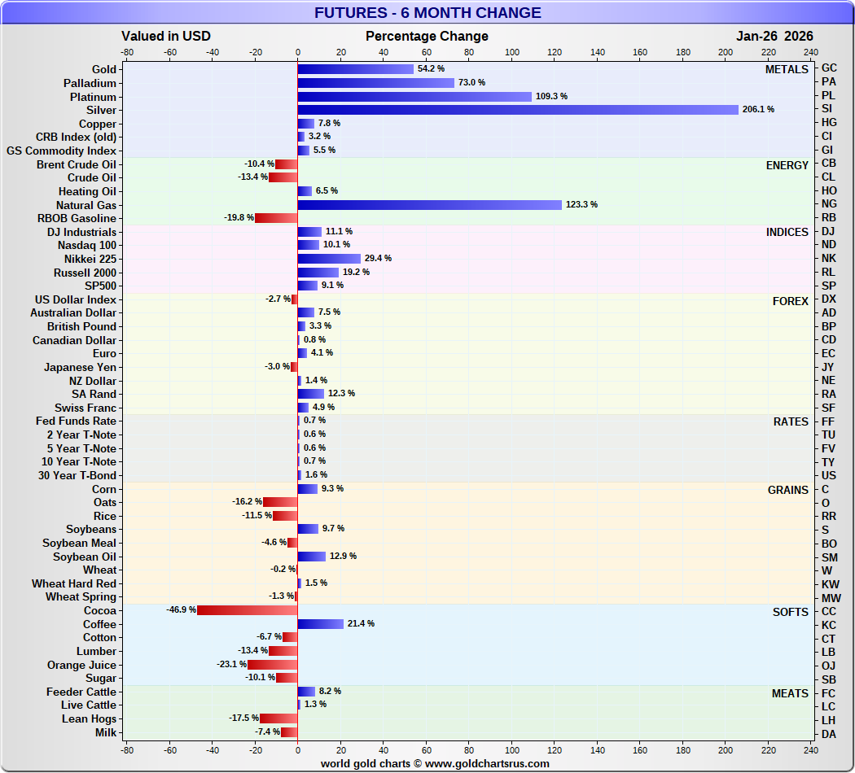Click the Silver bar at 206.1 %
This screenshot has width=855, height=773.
coord(518,110)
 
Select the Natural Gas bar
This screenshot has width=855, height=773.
coord(430,205)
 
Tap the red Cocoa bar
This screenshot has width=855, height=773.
coord(248,610)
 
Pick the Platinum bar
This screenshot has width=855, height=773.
coord(414,96)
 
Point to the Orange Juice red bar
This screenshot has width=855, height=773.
coord(273,665)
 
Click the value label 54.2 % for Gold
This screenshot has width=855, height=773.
coord(431,69)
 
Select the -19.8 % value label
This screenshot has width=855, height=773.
coord(238,218)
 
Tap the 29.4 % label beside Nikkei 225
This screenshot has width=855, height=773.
coord(378,258)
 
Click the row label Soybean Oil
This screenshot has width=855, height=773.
coord(85,557)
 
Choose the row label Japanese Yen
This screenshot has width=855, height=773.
coord(80,367)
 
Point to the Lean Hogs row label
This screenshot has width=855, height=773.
coord(89,719)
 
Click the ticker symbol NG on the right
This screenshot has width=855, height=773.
coord(829,205)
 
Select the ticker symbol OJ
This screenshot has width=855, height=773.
coord(829,666)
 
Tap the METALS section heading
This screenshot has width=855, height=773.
coord(787,70)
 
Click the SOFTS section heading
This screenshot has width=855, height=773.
coord(789,612)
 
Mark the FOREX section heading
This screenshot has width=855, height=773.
coord(790,301)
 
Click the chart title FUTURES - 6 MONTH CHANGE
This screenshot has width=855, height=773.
coord(427,12)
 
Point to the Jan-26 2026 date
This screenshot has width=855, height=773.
coord(774,36)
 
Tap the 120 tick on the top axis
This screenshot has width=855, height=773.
coord(555,51)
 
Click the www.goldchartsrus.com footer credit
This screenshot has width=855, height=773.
coord(435,763)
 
